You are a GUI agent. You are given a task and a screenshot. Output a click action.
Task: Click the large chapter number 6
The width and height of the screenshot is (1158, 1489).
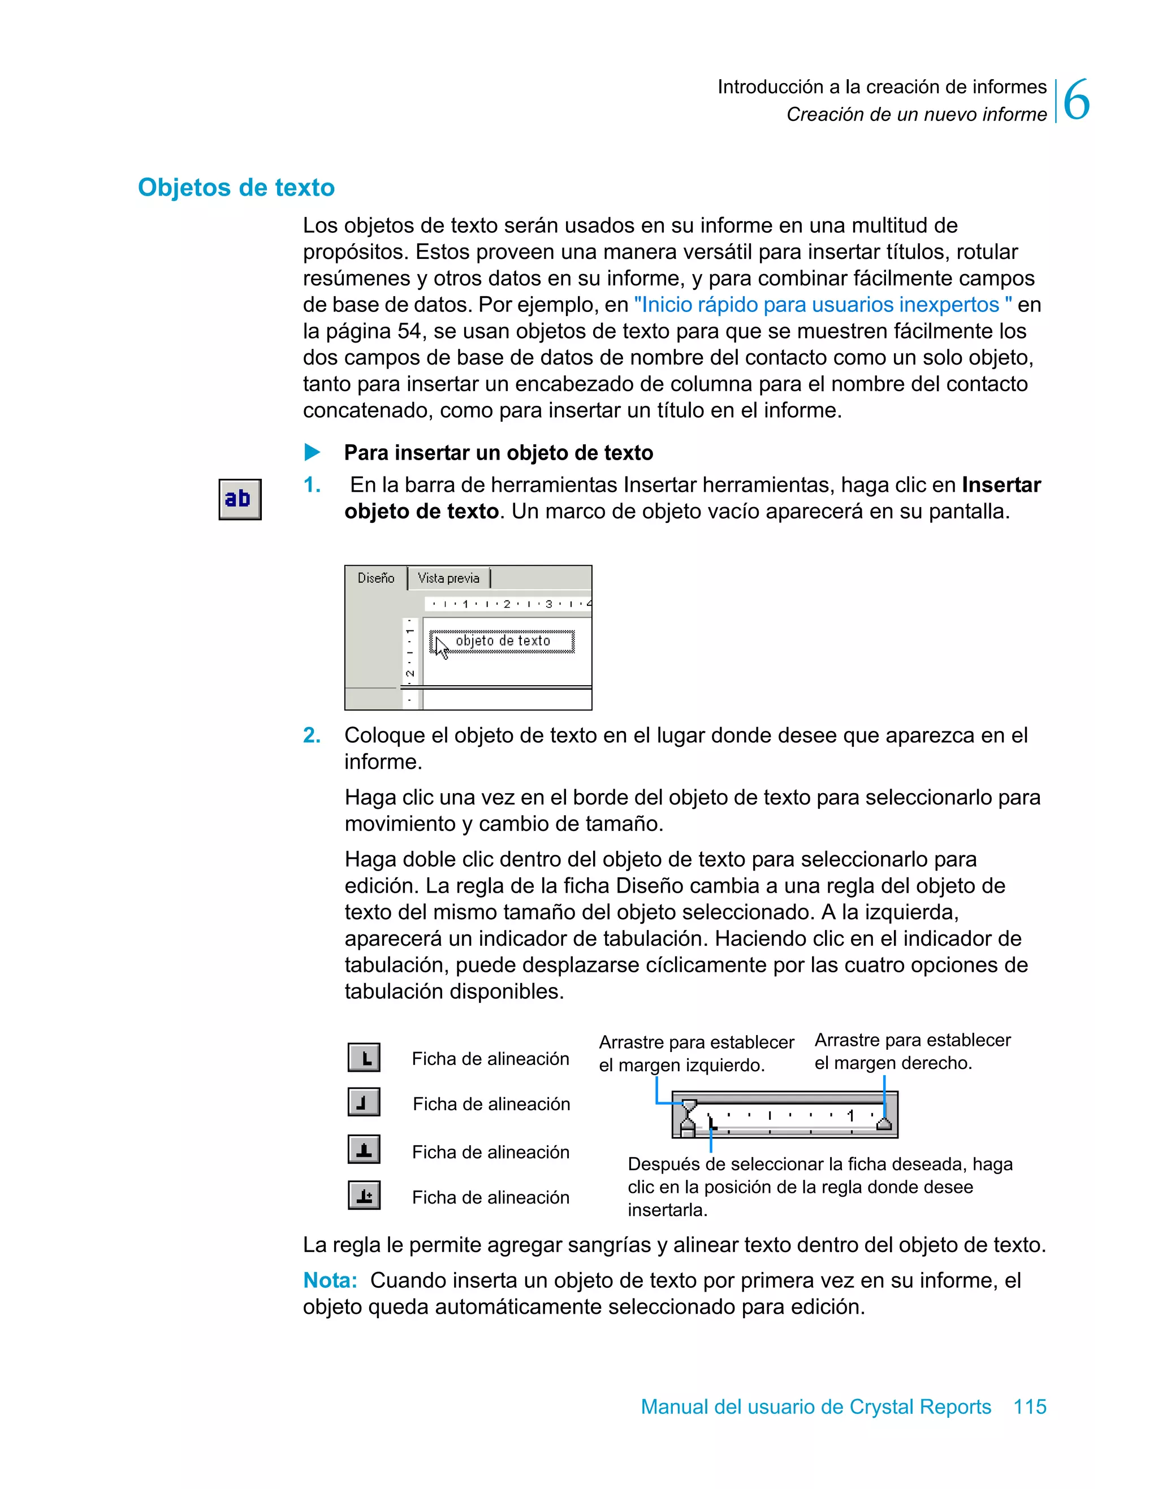(1076, 100)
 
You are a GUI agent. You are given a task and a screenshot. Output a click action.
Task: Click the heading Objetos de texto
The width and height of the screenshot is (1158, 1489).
(236, 188)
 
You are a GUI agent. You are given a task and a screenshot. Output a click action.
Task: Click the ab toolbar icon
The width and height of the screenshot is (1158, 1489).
(239, 499)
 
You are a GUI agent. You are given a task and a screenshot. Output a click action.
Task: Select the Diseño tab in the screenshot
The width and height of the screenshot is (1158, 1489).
(376, 578)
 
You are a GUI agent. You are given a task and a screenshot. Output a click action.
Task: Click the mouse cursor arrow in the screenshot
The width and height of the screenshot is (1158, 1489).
(441, 648)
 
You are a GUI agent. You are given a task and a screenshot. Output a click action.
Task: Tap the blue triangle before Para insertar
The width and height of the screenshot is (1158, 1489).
(312, 452)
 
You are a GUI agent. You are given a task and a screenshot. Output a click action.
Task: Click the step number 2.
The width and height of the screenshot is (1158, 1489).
(312, 735)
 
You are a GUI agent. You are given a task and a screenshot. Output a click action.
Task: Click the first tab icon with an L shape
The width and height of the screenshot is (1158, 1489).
(364, 1058)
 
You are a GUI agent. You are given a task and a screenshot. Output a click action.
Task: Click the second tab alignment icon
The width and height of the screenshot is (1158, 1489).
(364, 1102)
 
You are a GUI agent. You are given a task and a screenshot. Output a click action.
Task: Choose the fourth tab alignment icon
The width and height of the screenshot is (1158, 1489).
(364, 1195)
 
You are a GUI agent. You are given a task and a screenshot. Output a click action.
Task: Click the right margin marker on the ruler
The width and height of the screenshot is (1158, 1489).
(884, 1123)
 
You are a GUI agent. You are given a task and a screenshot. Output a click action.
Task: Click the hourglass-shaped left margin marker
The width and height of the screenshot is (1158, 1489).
(689, 1116)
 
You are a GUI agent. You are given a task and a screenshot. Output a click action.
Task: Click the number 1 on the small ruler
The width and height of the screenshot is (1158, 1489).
(850, 1115)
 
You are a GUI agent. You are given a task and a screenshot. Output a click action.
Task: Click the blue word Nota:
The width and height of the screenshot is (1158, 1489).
(330, 1280)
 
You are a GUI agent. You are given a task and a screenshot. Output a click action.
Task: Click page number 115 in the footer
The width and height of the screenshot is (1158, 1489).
(1029, 1406)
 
